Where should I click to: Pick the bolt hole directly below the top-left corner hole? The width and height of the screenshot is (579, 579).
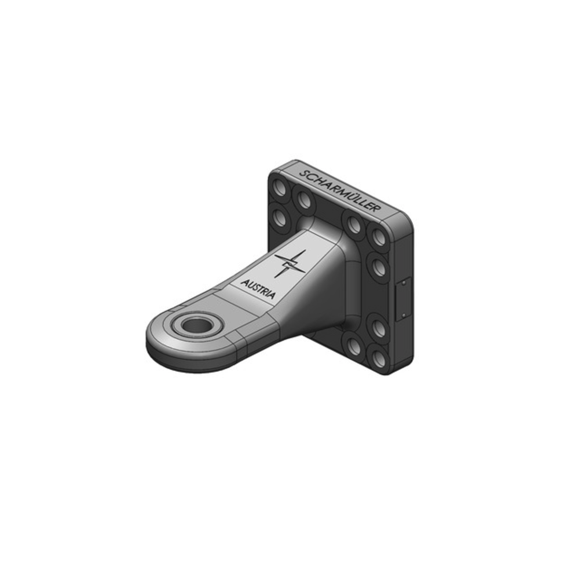(279, 218)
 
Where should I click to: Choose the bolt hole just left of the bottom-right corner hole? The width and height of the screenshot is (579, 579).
(354, 346)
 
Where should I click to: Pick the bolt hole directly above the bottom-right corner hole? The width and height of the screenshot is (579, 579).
(379, 328)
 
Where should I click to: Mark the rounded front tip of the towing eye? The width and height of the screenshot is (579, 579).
(152, 342)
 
